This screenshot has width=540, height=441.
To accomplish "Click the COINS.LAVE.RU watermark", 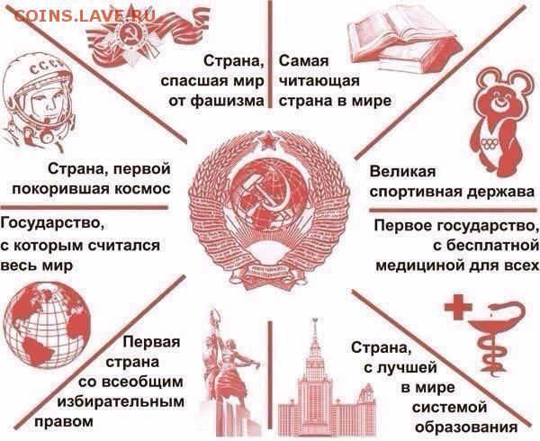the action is pyautogui.click(x=84, y=16).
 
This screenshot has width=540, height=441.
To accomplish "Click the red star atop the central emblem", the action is pyautogui.click(x=268, y=140).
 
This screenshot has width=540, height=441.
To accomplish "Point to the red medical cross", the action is pyautogui.click(x=458, y=306).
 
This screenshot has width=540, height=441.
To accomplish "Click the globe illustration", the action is pyautogui.click(x=47, y=325).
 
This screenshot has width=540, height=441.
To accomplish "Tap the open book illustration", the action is pyautogui.click(x=405, y=39).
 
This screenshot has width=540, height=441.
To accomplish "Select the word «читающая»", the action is pyautogui.click(x=319, y=82).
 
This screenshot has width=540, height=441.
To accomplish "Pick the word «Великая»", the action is pyautogui.click(x=402, y=171).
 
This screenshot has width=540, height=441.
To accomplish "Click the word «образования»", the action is pyautogui.click(x=466, y=427).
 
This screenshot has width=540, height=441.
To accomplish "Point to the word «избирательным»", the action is pyautogui.click(x=121, y=401).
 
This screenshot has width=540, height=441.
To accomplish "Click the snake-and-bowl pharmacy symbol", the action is pyautogui.click(x=496, y=337).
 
